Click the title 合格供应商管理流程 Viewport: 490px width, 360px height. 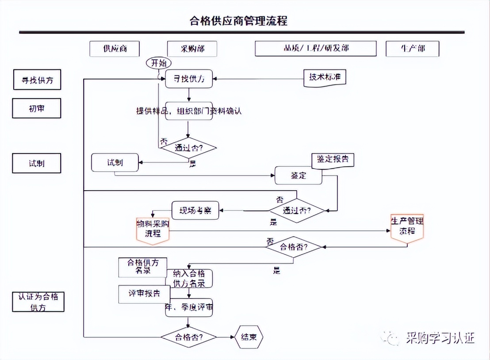(238, 21)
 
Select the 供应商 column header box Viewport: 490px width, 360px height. (115, 49)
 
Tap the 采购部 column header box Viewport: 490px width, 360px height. (192, 49)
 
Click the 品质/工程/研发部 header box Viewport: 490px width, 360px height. (315, 49)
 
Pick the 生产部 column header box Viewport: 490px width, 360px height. (412, 49)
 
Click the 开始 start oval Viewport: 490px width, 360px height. (158, 64)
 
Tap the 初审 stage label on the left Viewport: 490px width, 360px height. (36, 108)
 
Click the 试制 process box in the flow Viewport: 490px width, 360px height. (115, 163)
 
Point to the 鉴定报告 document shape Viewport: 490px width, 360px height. (333, 160)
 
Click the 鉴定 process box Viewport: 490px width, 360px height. (299, 176)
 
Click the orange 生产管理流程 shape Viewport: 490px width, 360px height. (407, 226)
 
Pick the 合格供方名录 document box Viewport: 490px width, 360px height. (141, 267)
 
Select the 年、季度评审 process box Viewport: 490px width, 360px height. (189, 307)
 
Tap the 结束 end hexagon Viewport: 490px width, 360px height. (249, 337)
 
